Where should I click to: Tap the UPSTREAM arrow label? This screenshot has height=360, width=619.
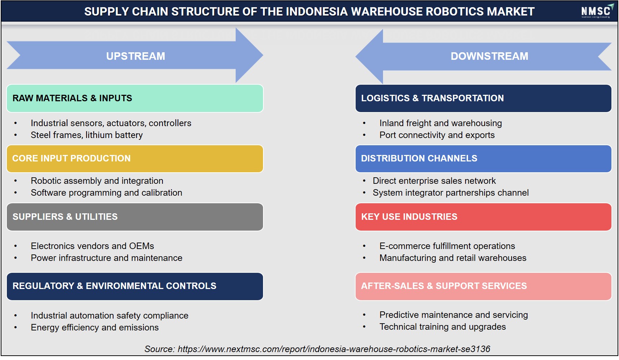[x=135, y=56]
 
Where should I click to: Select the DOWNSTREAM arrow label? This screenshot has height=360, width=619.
[x=489, y=56]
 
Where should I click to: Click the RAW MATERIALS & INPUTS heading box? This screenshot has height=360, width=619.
[x=135, y=98]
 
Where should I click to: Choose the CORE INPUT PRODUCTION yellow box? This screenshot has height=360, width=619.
[x=135, y=159]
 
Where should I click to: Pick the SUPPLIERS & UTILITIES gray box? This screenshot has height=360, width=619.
[x=135, y=217]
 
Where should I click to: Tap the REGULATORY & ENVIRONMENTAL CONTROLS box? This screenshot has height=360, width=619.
[x=135, y=286]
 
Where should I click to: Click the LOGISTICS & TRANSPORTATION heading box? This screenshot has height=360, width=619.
[x=483, y=98]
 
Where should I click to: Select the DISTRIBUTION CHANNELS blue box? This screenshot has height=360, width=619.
[x=483, y=159]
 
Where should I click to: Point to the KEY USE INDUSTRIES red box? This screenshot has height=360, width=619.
[x=483, y=217]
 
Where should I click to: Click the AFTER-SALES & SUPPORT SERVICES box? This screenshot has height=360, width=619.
[x=483, y=286]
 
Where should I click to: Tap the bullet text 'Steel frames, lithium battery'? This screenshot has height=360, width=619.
[x=87, y=135]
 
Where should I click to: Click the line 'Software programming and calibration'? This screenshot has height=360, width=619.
[x=107, y=193]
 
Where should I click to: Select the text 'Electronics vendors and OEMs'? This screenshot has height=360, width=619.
[x=93, y=246]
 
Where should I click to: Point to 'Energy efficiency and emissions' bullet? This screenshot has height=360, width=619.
[x=95, y=328]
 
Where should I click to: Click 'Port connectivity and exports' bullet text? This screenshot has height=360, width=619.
[x=437, y=135]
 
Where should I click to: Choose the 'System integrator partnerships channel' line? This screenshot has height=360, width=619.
[x=451, y=193]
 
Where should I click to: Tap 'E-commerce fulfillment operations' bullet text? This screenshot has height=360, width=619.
[x=447, y=246]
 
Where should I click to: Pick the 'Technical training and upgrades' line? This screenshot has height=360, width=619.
[x=442, y=327]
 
